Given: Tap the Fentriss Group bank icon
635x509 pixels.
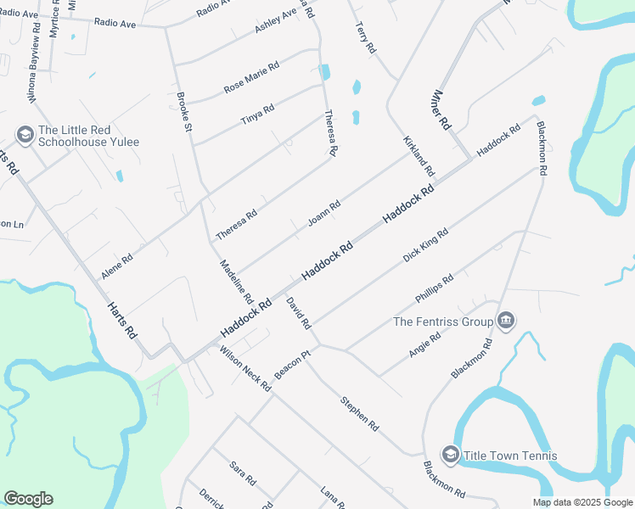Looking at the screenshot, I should (507, 321).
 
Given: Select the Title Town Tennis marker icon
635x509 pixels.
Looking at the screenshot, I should (450, 456).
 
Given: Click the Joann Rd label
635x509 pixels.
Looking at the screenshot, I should (324, 213).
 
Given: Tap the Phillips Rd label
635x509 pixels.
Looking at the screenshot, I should (435, 288).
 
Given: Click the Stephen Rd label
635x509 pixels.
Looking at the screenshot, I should (359, 414).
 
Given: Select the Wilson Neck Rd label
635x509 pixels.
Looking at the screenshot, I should (244, 368).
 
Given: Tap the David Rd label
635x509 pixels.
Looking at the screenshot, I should (299, 314).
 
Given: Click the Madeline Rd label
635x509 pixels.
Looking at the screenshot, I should (236, 282).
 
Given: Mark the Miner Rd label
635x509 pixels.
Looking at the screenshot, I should (441, 110).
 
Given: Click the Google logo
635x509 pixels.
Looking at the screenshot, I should (28, 499).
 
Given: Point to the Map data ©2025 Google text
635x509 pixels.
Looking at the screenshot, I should (582, 502).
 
